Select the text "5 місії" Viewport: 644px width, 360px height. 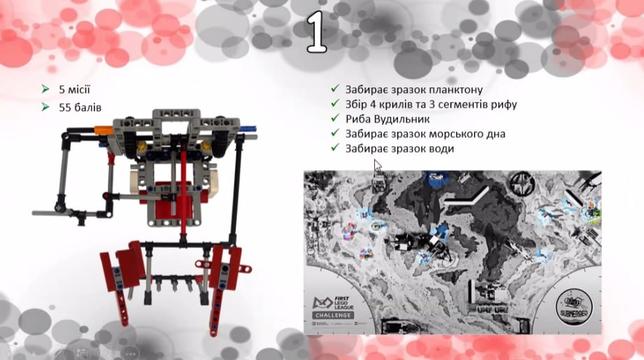pos(74,89)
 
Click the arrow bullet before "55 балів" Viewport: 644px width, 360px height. pos(45,107)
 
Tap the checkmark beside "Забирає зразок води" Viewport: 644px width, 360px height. pos(336,148)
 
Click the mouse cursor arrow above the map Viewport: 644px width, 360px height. pos(378,166)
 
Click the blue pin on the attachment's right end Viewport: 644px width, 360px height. pos(250,128)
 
